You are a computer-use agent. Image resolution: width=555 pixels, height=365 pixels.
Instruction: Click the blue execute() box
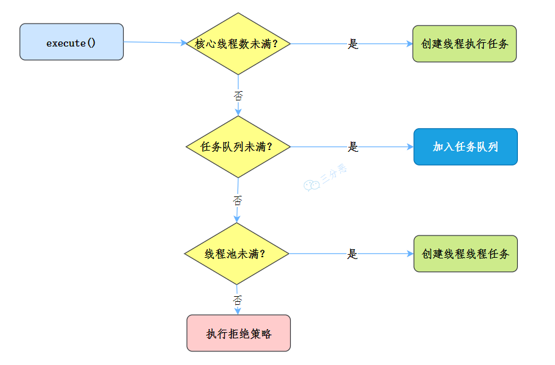tap(71, 42)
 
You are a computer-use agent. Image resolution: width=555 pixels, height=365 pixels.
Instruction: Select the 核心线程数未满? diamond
tap(238, 43)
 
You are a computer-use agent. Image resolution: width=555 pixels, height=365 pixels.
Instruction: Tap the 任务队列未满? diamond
tap(238, 147)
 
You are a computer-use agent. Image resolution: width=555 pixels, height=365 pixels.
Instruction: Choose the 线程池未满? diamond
tap(237, 253)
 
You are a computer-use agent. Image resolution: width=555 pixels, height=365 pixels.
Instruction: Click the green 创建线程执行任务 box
tap(464, 44)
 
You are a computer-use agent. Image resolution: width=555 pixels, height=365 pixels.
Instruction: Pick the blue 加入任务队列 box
tap(465, 147)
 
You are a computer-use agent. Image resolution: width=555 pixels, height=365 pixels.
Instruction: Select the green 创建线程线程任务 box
tap(465, 253)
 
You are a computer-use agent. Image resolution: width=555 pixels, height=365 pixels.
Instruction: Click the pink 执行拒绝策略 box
tap(239, 333)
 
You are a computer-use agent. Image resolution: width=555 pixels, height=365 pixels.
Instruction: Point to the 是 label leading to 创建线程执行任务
tap(353, 44)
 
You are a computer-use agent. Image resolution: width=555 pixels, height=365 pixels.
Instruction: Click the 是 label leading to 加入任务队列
tap(353, 147)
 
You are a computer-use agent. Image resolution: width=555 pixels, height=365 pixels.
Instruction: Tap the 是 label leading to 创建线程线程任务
tap(352, 254)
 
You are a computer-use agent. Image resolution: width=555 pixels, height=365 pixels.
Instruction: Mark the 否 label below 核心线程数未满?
tap(238, 95)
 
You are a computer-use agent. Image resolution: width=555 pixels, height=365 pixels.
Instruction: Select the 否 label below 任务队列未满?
tap(238, 200)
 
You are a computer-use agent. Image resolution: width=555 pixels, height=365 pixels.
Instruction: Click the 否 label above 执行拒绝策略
tap(238, 299)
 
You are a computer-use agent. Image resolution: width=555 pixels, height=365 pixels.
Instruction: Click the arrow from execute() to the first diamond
tap(155, 42)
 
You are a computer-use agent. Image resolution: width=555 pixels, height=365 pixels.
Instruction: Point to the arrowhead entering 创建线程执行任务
tap(409, 44)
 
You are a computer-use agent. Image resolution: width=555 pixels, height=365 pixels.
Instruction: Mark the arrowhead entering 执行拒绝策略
tap(238, 311)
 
